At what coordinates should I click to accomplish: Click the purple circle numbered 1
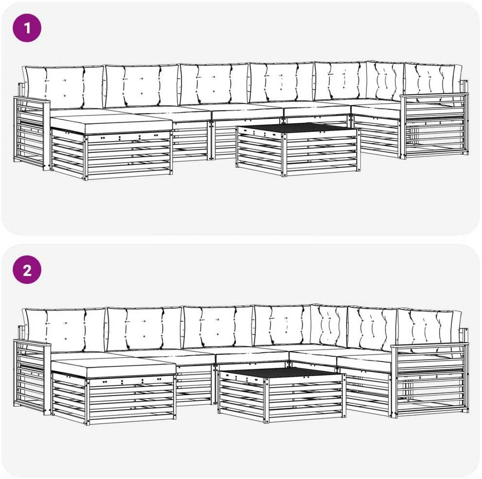27,28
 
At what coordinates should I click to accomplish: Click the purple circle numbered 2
27,270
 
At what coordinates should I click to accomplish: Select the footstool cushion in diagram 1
111,124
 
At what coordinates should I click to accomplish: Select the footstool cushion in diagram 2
113,367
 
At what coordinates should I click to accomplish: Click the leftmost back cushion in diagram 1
64,87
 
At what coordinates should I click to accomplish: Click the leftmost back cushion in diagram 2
65,330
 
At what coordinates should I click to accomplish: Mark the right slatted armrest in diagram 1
434,126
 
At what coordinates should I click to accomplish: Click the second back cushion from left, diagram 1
142,85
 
